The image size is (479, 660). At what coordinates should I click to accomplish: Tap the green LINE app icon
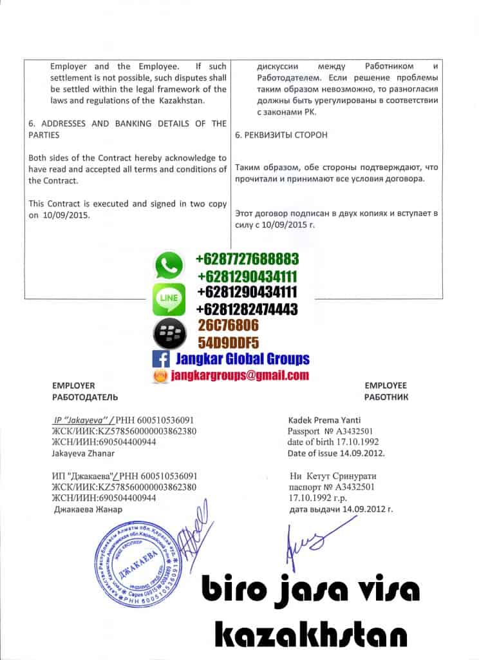[169, 299]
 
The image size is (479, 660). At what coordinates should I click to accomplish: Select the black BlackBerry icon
[169, 333]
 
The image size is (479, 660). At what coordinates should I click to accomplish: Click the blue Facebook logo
[160, 360]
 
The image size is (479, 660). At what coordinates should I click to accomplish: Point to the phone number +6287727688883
[247, 260]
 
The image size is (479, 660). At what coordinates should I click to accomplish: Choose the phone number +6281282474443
[247, 309]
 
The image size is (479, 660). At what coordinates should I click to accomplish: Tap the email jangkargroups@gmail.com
[239, 376]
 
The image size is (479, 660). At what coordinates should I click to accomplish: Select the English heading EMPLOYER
[73, 385]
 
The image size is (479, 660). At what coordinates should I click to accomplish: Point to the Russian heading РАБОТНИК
[386, 397]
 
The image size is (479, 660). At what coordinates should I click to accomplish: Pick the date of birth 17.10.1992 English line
[333, 442]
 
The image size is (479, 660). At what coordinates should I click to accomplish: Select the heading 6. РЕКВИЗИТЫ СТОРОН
[281, 135]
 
